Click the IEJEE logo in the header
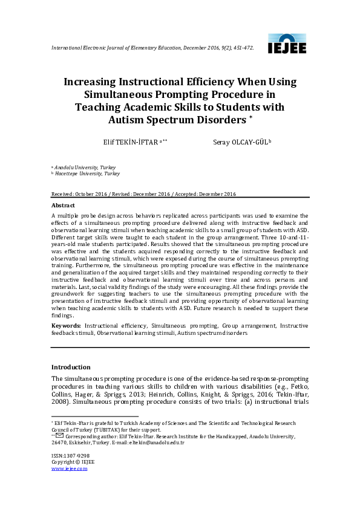coord(287,44)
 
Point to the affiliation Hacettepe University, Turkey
coord(87,173)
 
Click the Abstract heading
coord(63,206)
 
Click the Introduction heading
coord(71,367)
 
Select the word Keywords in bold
coord(66,325)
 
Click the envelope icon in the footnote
coord(59,436)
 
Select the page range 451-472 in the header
coord(243,47)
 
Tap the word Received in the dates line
coord(62,194)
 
